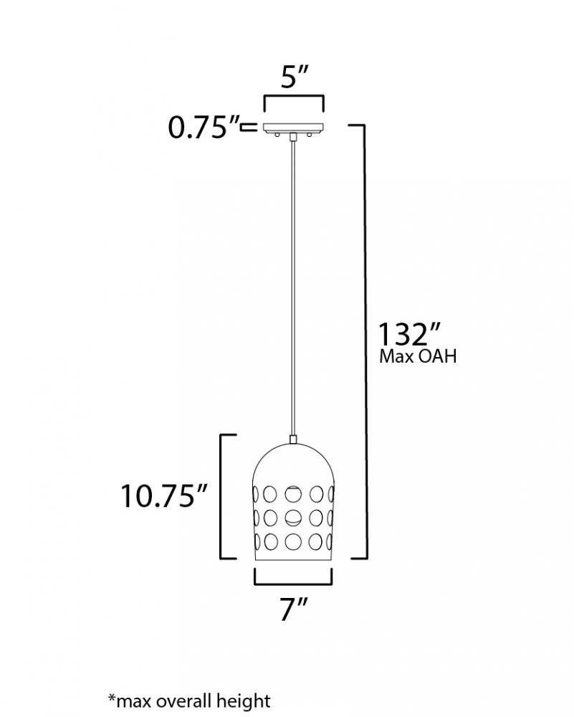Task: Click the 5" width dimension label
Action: point(295,77)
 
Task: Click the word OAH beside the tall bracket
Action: point(438,356)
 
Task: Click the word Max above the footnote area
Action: point(397,356)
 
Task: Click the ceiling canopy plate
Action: point(293,128)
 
